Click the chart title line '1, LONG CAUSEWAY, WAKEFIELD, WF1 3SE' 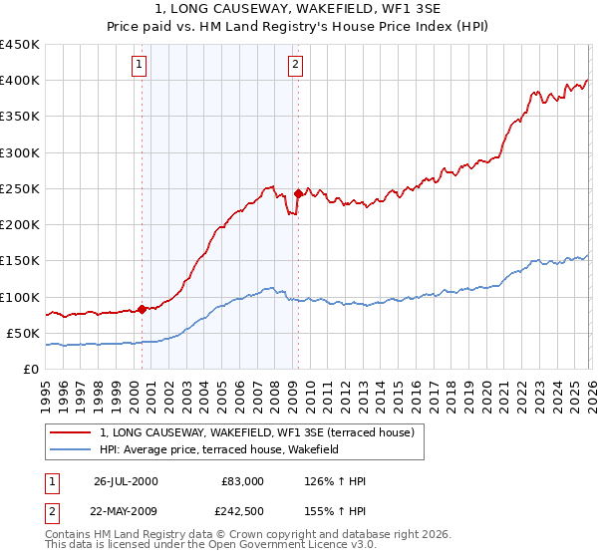click(x=299, y=10)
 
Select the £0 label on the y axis click(x=30, y=369)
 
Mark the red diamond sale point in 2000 click(x=142, y=309)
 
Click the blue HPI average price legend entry click(x=219, y=449)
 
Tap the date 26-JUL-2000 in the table click(x=126, y=481)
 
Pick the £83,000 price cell click(x=242, y=481)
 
